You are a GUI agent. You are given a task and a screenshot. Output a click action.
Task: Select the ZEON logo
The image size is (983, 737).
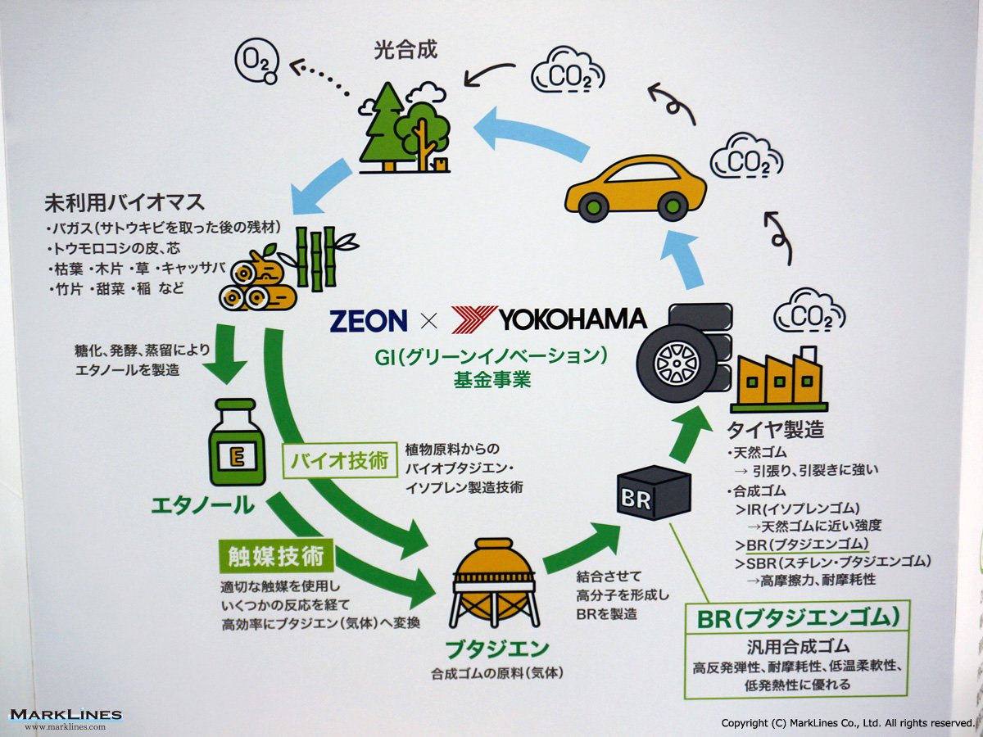pyautogui.click(x=368, y=320)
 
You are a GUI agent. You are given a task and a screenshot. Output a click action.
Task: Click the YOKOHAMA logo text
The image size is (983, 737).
pyautogui.click(x=573, y=319)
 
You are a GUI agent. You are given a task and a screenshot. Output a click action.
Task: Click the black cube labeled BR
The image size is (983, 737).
pyautogui.click(x=652, y=493)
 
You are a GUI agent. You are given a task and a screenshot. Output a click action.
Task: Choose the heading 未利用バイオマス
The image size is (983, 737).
pyautogui.click(x=125, y=202)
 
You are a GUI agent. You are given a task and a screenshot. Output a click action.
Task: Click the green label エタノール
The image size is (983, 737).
pyautogui.click(x=202, y=505)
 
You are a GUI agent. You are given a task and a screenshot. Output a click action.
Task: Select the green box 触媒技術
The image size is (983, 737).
pyautogui.click(x=276, y=557)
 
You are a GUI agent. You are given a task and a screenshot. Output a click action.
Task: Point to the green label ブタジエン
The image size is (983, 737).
pyautogui.click(x=496, y=649)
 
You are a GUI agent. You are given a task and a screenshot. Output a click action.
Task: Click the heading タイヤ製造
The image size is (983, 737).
pyautogui.click(x=775, y=428)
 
